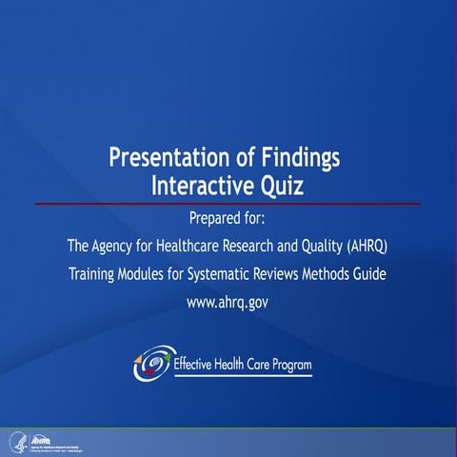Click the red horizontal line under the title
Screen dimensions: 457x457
[228, 204]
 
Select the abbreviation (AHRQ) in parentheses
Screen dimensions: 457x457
[362, 247]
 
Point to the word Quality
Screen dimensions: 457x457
[303, 247]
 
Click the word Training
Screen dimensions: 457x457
[97, 274]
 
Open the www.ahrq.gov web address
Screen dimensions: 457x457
[228, 303]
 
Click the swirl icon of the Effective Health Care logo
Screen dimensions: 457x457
[152, 362]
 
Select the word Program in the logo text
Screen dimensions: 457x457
[285, 364]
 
